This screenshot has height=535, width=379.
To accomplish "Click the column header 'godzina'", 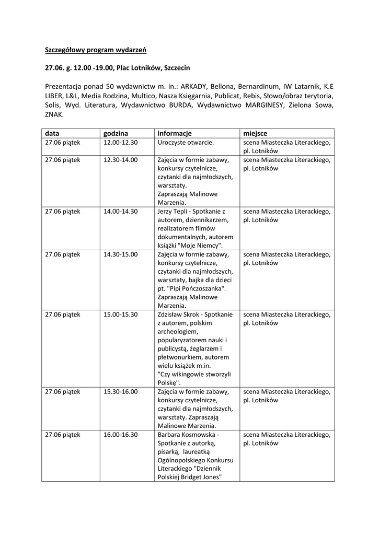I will click(x=116, y=133).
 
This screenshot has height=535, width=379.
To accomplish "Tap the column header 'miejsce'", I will click(x=256, y=133).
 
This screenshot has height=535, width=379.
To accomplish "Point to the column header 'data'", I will click(x=52, y=133).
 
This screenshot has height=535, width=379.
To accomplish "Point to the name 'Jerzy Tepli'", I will click(x=173, y=211).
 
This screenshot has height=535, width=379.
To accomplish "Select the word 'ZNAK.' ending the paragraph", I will click(x=54, y=114).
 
